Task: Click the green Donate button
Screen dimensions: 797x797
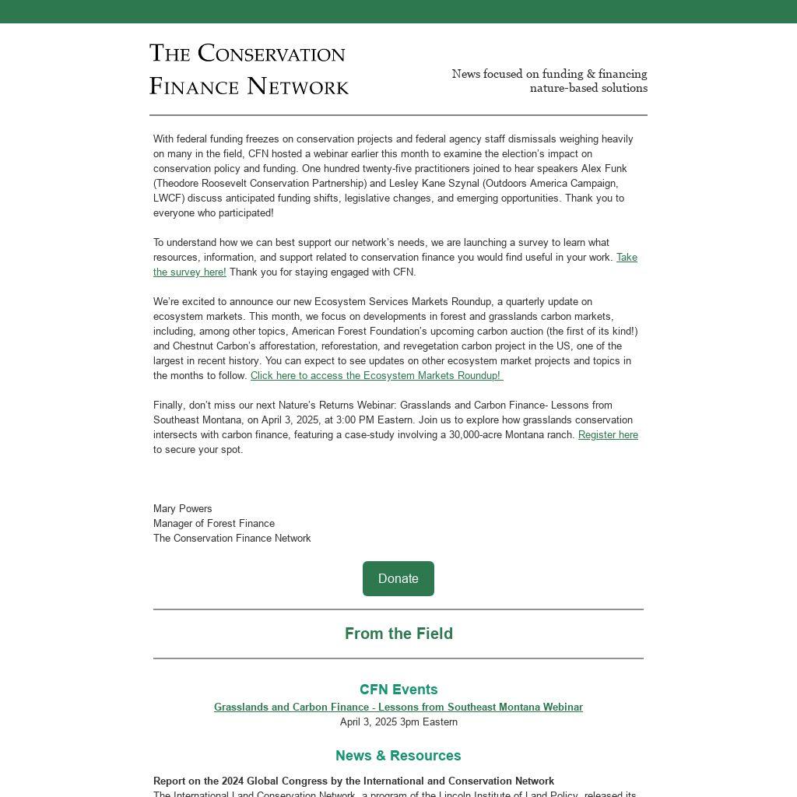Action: (398, 578)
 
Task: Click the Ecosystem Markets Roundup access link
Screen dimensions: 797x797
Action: (376, 376)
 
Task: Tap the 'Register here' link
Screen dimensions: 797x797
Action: (608, 435)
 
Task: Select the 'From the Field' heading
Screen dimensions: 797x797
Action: (398, 634)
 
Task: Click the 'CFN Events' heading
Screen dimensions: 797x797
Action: (398, 690)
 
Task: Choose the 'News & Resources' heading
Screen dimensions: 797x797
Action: (398, 756)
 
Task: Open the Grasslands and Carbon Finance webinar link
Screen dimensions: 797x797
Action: (398, 707)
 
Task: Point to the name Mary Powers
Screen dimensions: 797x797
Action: (183, 509)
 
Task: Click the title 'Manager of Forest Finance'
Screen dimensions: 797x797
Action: (214, 524)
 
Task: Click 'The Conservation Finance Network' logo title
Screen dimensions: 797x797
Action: (248, 69)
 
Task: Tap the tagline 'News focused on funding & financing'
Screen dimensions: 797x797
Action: (549, 74)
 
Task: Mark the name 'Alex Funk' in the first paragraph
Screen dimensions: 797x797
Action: (604, 169)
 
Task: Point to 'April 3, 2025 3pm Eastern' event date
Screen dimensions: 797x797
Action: (398, 722)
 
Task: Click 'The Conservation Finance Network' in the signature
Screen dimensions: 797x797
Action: (232, 539)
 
